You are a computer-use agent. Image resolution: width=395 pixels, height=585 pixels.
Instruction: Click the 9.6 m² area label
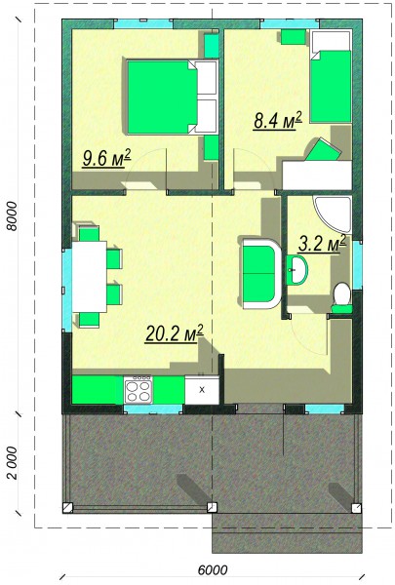(106, 159)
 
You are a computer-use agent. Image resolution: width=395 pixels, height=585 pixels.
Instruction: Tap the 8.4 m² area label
(277, 120)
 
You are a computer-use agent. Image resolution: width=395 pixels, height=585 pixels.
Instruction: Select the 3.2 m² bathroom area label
(322, 244)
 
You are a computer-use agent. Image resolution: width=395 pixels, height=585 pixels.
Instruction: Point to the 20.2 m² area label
(175, 333)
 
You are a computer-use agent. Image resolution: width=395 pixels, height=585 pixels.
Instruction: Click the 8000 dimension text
(13, 216)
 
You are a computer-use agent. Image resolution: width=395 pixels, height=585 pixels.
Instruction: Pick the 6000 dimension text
(213, 570)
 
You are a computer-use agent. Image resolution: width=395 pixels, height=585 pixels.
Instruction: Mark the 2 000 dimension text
(13, 462)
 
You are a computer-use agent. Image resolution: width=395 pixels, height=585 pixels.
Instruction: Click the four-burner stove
(138, 390)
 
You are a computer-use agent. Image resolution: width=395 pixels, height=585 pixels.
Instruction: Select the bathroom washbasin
(297, 269)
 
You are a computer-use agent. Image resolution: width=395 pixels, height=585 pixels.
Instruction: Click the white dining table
(89, 277)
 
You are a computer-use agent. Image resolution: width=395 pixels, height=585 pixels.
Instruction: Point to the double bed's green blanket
(163, 97)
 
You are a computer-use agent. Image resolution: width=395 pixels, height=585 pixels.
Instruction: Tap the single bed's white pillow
(331, 42)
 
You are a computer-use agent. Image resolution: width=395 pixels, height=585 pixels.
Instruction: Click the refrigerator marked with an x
(202, 390)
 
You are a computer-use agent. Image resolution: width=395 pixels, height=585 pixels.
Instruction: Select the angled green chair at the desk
(324, 150)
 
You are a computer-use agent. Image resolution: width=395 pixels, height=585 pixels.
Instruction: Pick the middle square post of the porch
(212, 507)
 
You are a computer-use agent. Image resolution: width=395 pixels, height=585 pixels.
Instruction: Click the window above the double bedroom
(143, 24)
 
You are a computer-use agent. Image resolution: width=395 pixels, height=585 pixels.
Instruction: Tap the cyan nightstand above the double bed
(211, 46)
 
